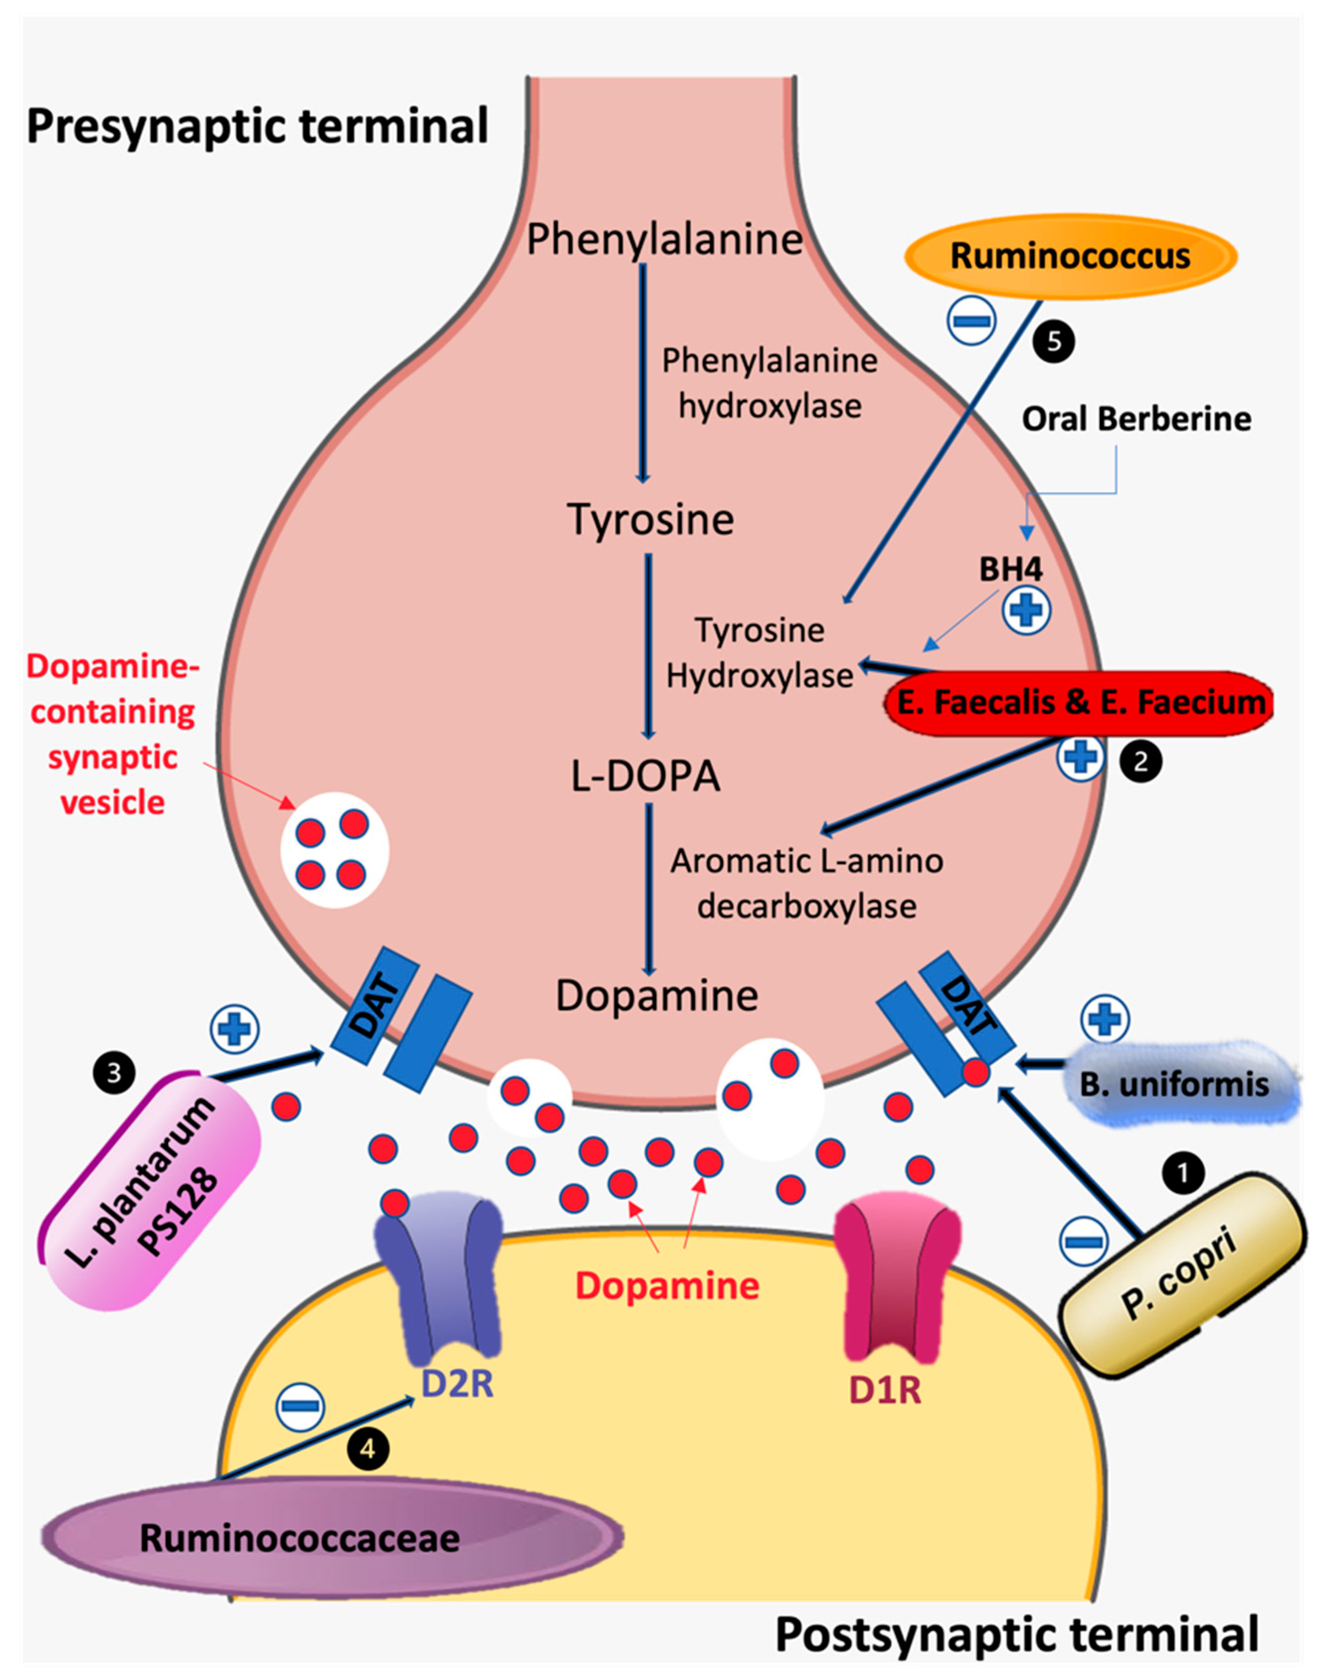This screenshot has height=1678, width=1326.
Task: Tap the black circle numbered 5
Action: [x=1054, y=341]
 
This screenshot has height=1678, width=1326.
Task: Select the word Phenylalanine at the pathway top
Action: [x=664, y=239]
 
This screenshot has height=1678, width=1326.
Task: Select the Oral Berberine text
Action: [x=1136, y=419]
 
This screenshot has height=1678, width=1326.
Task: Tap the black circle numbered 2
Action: [x=1141, y=761]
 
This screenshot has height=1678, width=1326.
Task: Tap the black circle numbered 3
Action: [x=114, y=1073]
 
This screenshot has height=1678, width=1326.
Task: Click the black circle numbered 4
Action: [x=368, y=1449]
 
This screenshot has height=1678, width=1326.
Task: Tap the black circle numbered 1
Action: [x=1183, y=1174]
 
